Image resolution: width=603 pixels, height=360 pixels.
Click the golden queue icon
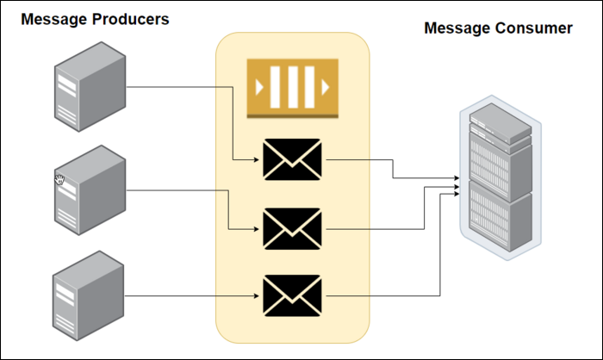[292, 88]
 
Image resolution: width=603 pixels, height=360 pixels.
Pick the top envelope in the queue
[292, 160]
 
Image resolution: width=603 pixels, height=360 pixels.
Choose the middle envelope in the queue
[292, 229]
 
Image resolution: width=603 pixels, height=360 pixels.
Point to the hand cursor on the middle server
[59, 179]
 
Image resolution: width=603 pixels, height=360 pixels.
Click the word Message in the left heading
[53, 19]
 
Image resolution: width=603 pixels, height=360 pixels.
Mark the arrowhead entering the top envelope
[257, 160]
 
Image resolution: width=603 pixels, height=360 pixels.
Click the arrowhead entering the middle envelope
[257, 229]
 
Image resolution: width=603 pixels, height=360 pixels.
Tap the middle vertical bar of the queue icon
[292, 88]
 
